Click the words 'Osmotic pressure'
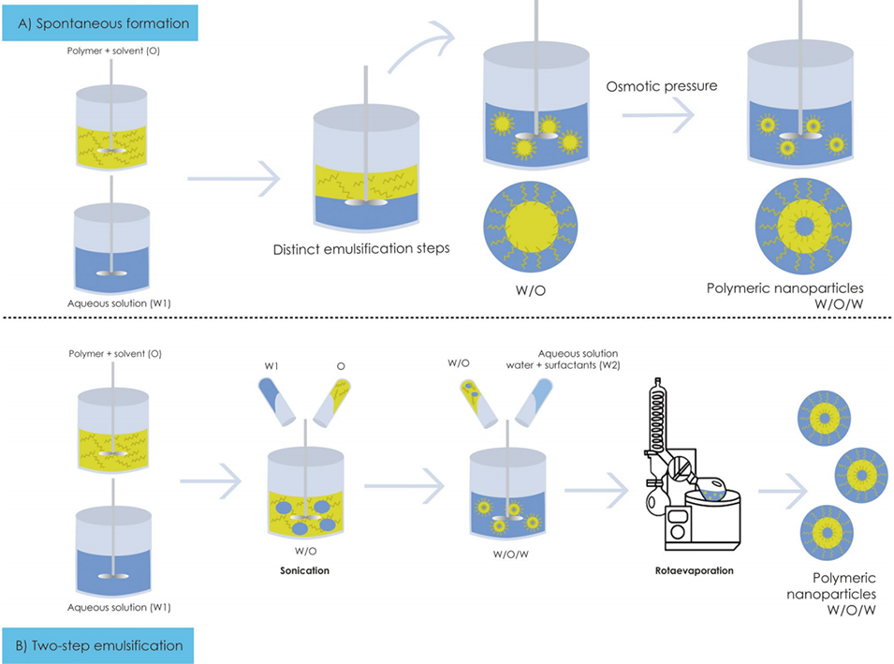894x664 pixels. tap(647, 86)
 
